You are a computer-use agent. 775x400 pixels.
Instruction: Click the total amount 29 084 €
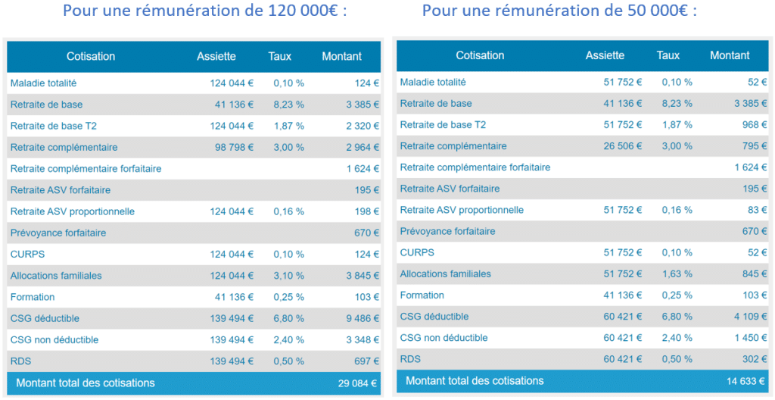[x=357, y=383]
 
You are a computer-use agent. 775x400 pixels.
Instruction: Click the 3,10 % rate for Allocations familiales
[x=290, y=276]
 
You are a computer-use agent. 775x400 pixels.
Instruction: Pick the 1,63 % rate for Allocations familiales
[x=677, y=274]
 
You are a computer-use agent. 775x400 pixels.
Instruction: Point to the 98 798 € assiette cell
[x=234, y=147]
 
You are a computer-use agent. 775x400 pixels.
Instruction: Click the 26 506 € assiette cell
[x=622, y=145]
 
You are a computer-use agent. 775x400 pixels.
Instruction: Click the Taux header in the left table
[x=279, y=56]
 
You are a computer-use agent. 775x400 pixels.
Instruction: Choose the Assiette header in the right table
[x=605, y=55]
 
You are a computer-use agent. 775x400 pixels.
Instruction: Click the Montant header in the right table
[x=730, y=55]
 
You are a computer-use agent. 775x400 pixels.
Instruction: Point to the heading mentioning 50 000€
[x=559, y=11]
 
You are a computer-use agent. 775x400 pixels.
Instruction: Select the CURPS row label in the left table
[x=27, y=255]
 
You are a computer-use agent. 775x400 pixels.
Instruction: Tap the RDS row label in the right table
[x=410, y=359]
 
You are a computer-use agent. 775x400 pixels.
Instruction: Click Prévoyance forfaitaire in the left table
[x=58, y=233]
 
